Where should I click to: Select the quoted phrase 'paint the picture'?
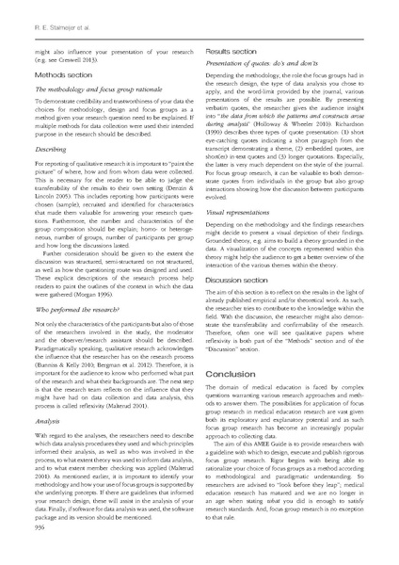(x=167, y=165)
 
